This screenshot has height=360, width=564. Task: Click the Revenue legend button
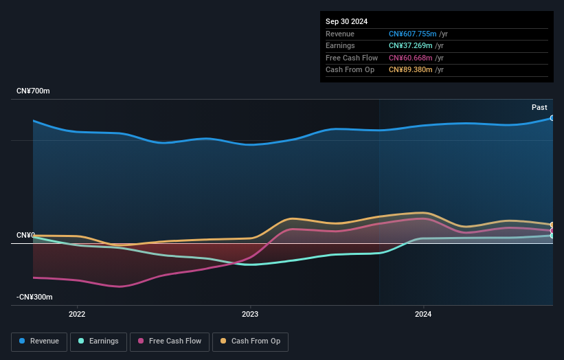point(40,341)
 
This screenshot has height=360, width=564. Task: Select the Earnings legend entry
point(99,341)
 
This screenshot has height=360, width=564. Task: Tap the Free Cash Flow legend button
point(169,341)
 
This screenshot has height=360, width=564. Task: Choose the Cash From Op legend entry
point(251,341)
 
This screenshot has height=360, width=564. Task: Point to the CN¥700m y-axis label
point(33,91)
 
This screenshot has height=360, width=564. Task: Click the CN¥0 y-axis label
point(25,236)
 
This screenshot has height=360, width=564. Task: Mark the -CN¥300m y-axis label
point(35,297)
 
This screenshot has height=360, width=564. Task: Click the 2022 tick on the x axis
point(77,315)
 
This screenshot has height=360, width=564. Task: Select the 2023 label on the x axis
point(250,315)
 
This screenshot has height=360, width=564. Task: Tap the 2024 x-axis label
point(423,315)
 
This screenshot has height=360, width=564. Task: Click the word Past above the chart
point(539,107)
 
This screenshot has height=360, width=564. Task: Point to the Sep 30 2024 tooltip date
point(347,21)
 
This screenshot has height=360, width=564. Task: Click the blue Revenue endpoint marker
point(552,118)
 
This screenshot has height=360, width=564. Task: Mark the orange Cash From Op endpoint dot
point(552,225)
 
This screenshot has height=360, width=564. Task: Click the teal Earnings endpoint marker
point(552,236)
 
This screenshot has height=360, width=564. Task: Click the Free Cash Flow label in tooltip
point(350,58)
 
